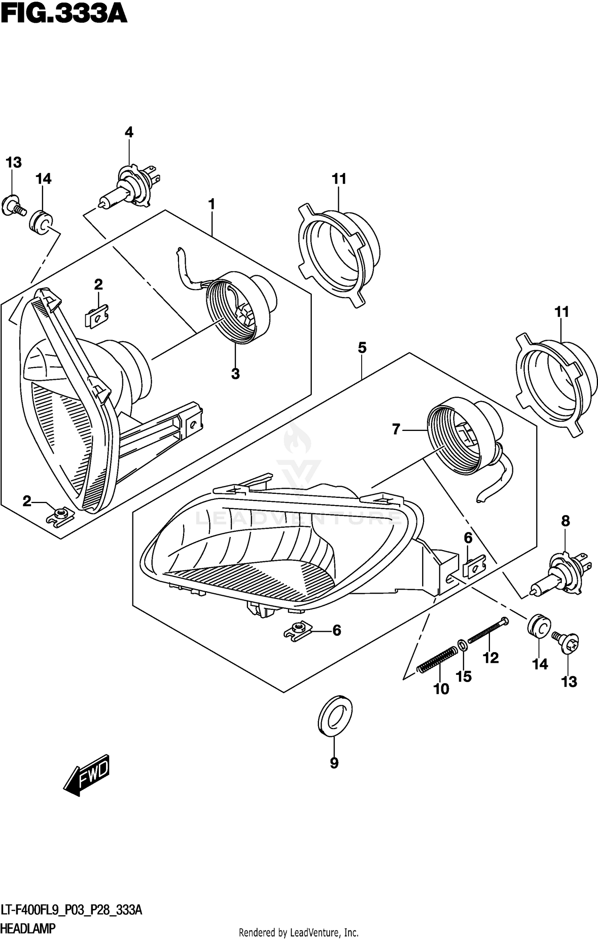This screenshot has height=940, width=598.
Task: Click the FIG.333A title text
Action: [64, 15]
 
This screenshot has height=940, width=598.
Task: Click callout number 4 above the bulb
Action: [129, 132]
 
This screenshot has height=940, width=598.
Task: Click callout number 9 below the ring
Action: [334, 763]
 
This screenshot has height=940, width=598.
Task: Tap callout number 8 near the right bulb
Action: [565, 521]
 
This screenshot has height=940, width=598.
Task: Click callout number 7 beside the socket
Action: [395, 429]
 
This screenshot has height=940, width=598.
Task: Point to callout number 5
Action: [362, 348]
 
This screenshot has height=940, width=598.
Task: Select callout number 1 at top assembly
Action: [212, 205]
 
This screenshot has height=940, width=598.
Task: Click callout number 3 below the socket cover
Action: [235, 374]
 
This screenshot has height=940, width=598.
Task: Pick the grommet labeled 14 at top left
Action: [41, 222]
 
